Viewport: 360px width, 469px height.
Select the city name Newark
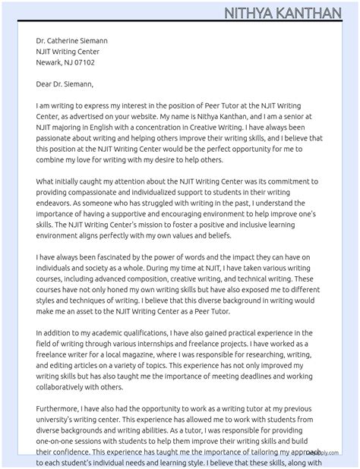tap(49, 62)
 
